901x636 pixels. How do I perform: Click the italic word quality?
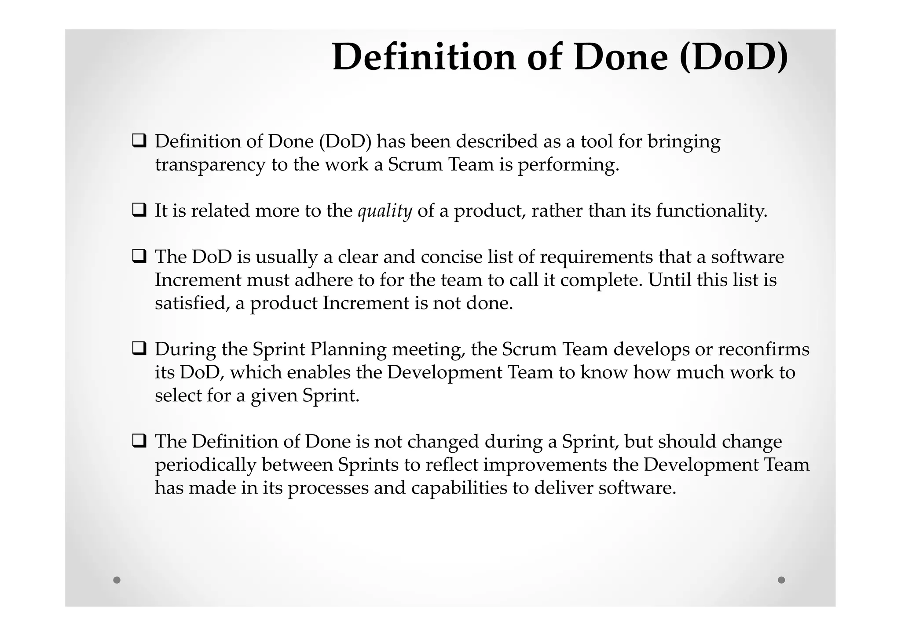click(x=385, y=211)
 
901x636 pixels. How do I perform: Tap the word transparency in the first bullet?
click(x=210, y=165)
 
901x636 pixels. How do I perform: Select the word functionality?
click(x=711, y=211)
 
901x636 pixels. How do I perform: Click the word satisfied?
click(x=192, y=303)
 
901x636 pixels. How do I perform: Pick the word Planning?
click(x=348, y=350)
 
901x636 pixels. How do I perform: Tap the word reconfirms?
click(x=763, y=349)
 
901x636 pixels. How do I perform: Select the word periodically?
click(x=205, y=465)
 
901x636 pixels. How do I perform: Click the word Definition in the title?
click(x=424, y=57)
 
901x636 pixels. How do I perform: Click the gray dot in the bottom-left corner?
click(x=117, y=580)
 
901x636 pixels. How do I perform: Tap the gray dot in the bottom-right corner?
click(x=781, y=580)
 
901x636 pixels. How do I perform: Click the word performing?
click(x=568, y=165)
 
